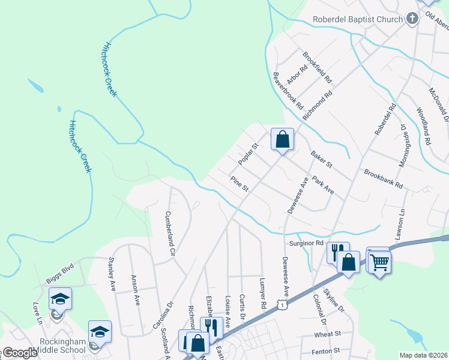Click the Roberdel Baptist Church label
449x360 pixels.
358,19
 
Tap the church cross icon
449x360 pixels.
412,19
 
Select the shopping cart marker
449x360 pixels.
379,262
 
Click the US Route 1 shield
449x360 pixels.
281,306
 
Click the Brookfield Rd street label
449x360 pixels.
317,67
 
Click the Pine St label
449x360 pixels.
239,183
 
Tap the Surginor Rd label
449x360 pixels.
306,244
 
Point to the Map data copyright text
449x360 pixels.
423,355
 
